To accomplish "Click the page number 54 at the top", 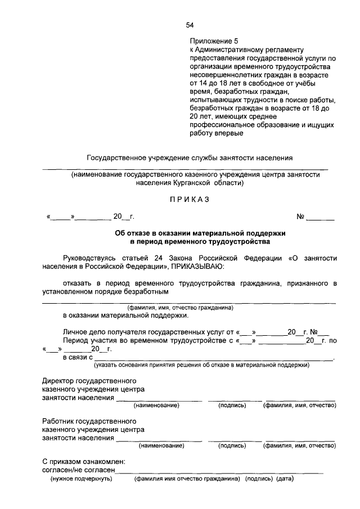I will pyautogui.click(x=190, y=25).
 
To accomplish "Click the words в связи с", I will pyautogui.click(x=78, y=357).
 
